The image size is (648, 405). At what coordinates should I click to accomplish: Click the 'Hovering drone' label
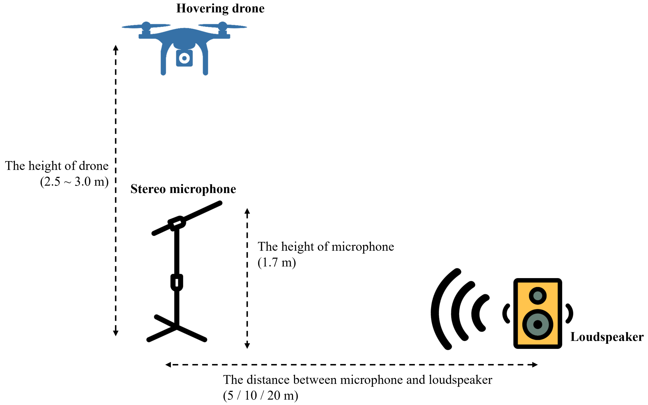pyautogui.click(x=220, y=9)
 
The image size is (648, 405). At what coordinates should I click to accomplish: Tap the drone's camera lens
pyautogui.click(x=184, y=58)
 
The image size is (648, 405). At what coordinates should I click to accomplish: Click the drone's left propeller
pyautogui.click(x=146, y=26)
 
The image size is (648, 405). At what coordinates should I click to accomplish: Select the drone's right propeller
pyautogui.click(x=222, y=26)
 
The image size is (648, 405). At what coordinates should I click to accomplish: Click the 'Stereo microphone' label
pyautogui.click(x=183, y=189)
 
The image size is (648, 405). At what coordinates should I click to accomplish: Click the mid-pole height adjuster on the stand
pyautogui.click(x=177, y=282)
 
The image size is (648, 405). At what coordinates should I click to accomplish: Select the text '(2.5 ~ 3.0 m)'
pyautogui.click(x=74, y=182)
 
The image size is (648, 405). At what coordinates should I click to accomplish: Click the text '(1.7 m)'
pyautogui.click(x=277, y=263)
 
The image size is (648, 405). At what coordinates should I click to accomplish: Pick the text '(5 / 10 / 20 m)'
pyautogui.click(x=260, y=396)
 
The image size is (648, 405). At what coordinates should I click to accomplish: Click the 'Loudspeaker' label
pyautogui.click(x=607, y=337)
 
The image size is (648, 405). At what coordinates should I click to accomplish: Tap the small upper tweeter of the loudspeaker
pyautogui.click(x=538, y=296)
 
